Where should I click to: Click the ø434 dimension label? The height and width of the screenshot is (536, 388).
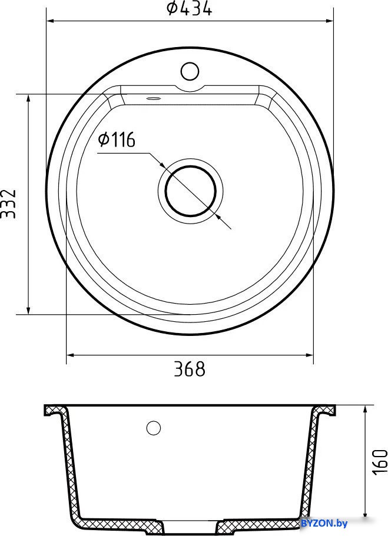tap(189, 8)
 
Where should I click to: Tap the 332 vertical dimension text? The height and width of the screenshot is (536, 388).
tap(8, 204)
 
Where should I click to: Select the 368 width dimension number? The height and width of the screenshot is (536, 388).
tap(190, 369)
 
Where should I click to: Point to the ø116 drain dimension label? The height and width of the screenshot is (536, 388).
tap(117, 140)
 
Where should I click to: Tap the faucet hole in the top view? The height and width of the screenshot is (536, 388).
tap(190, 71)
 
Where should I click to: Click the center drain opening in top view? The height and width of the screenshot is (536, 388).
tap(191, 191)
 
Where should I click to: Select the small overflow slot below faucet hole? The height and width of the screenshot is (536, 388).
tap(153, 98)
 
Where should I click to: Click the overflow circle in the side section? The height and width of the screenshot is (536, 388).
tap(153, 428)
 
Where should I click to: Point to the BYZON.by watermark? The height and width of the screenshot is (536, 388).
tap(324, 523)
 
